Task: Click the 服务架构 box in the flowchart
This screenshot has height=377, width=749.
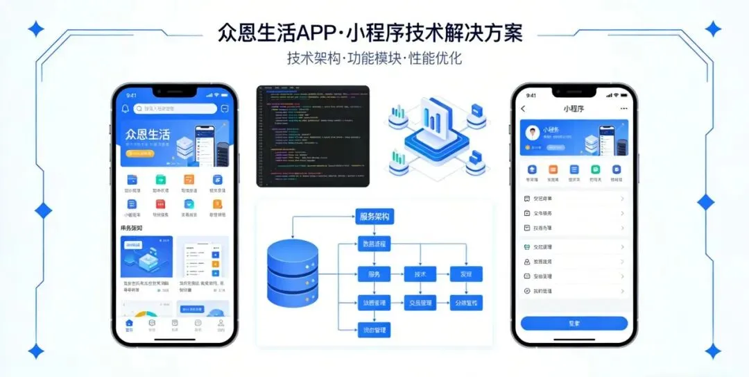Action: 375,217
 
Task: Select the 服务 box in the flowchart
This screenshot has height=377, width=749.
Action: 374,274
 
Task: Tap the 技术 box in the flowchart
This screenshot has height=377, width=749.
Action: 420,274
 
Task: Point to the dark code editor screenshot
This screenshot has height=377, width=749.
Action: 313,135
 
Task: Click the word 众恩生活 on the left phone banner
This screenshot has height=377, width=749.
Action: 147,134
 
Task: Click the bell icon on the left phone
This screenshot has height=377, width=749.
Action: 125,108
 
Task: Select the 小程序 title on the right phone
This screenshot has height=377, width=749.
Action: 574,109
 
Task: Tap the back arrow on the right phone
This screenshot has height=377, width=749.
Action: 524,109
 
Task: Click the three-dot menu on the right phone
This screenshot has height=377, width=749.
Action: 623,109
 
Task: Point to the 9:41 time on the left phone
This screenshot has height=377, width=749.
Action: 131,95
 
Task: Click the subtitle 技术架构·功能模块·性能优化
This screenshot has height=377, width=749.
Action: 374,58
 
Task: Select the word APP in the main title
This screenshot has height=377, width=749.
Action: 319,32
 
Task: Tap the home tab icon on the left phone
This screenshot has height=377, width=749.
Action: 128,324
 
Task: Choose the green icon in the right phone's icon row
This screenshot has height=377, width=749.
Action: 595,169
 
